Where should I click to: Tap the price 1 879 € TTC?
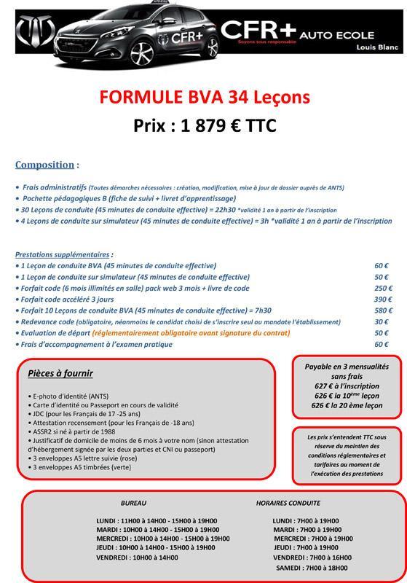pyautogui.click(x=205, y=125)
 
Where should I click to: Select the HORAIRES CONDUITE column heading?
pyautogui.click(x=288, y=504)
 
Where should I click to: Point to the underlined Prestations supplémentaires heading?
pyautogui.click(x=63, y=255)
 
